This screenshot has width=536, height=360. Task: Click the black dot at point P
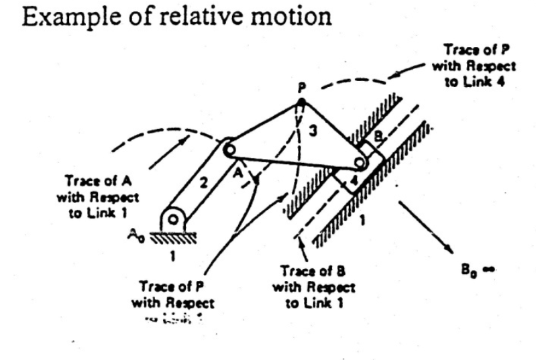tap(301, 103)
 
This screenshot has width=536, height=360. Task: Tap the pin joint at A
tap(229, 149)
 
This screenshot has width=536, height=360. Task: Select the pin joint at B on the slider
tap(361, 162)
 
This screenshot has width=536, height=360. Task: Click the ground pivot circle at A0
tap(173, 217)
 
